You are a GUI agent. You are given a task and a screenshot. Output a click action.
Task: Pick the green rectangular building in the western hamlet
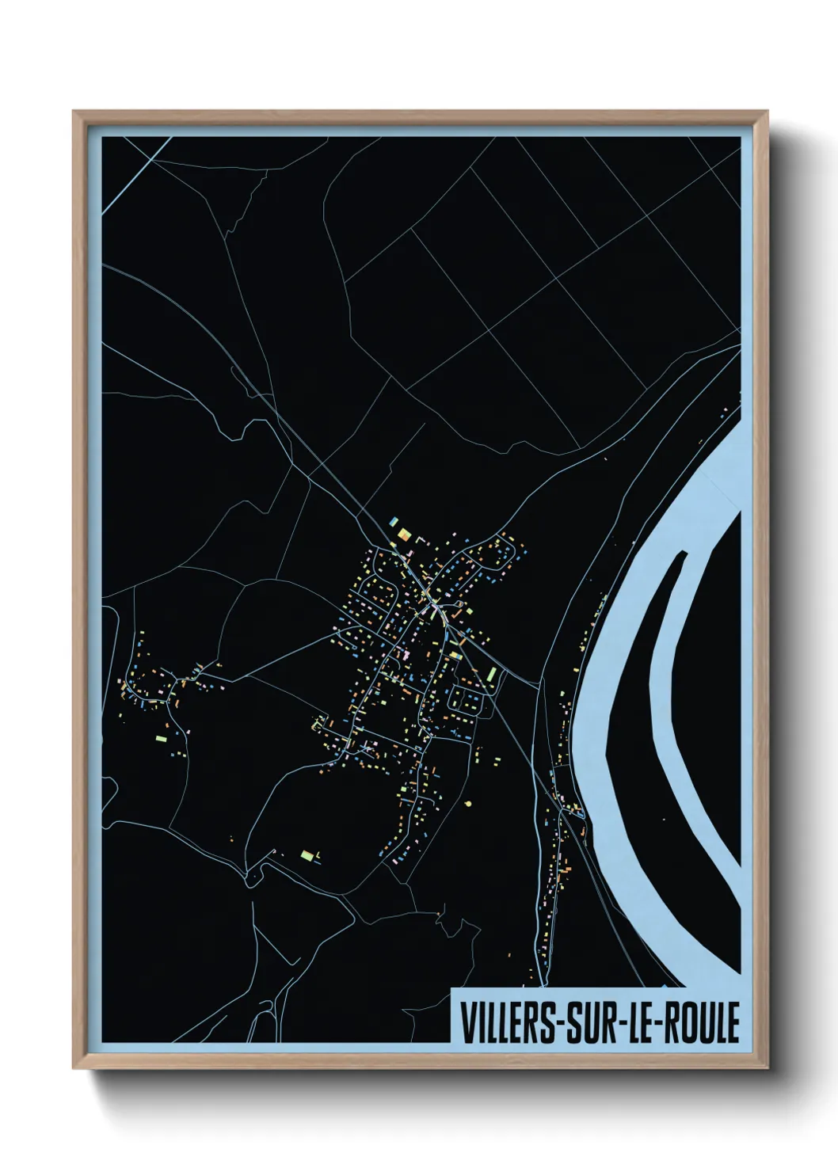(162, 738)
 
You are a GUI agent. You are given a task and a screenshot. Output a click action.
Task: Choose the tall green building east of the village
(492, 674)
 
